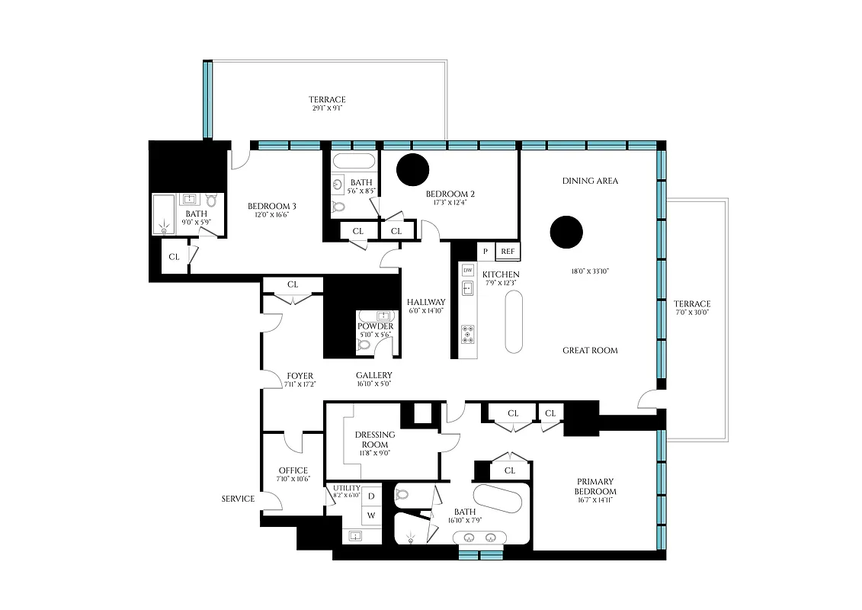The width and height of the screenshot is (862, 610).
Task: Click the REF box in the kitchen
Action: click(x=508, y=251)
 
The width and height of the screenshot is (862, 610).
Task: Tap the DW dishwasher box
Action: click(x=468, y=270)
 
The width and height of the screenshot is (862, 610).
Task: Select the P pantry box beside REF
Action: click(x=485, y=251)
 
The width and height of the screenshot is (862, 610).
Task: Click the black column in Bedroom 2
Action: click(x=412, y=169)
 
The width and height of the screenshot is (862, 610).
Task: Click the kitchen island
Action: click(x=514, y=323)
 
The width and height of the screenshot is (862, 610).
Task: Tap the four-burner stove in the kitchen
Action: click(x=468, y=334)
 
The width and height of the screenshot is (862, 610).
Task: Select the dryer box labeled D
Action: click(x=371, y=496)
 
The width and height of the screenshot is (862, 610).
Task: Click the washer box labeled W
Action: click(x=371, y=515)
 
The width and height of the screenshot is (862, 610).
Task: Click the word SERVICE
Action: click(x=238, y=499)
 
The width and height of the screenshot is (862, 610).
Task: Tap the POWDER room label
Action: click(x=375, y=326)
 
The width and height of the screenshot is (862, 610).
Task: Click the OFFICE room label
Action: click(x=293, y=470)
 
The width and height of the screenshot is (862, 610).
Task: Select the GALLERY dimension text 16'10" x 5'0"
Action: click(x=373, y=384)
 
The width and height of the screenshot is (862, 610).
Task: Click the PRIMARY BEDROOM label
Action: click(x=595, y=486)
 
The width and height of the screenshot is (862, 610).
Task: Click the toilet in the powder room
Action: click(x=364, y=345)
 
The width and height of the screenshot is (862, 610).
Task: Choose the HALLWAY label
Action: click(x=426, y=302)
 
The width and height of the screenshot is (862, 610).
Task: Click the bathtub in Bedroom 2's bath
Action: click(x=354, y=162)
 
